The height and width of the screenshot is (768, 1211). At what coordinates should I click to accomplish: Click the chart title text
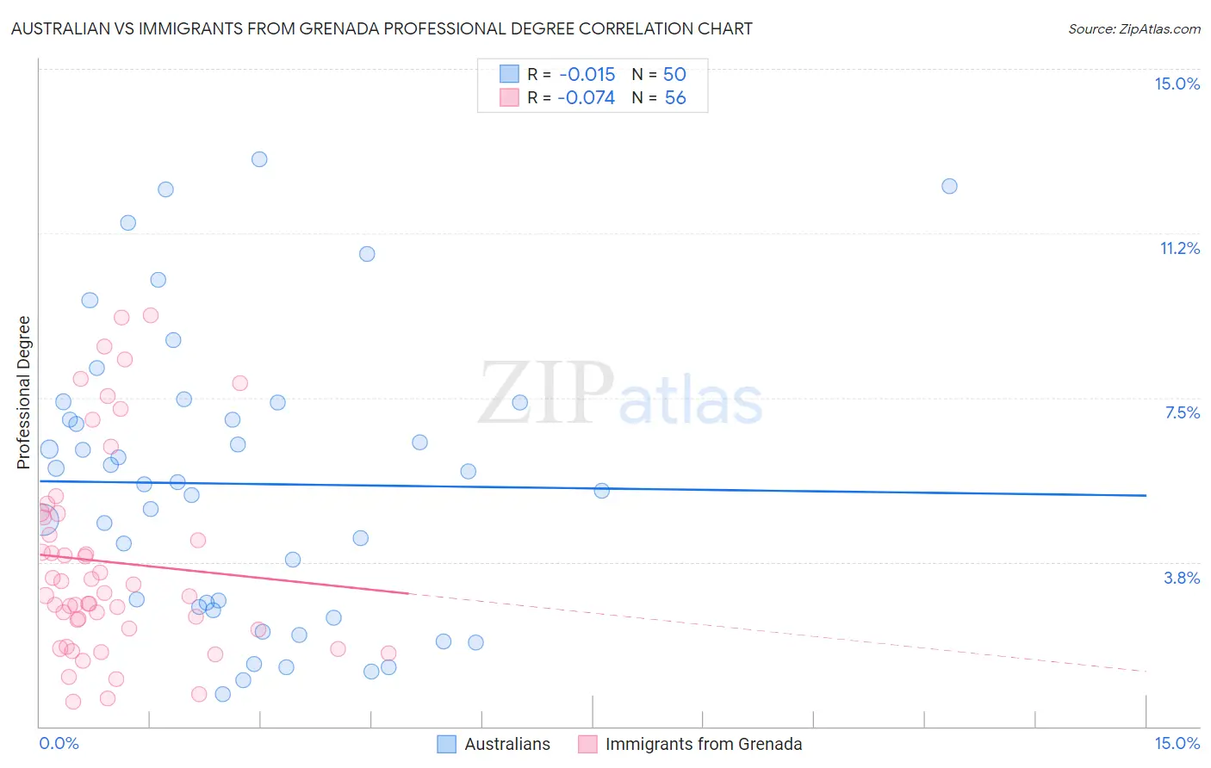pyautogui.click(x=382, y=28)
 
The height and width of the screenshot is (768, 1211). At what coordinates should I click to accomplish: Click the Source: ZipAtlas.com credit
pyautogui.click(x=1133, y=28)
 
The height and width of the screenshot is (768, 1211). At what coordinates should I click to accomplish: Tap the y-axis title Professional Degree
pyautogui.click(x=23, y=392)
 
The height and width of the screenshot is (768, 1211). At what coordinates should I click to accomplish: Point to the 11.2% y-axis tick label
pyautogui.click(x=1179, y=248)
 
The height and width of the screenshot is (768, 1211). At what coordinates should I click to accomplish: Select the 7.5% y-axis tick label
pyautogui.click(x=1182, y=412)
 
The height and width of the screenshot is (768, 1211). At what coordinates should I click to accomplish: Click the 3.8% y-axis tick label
pyautogui.click(x=1182, y=578)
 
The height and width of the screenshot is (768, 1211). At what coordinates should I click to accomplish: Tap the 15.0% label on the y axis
pyautogui.click(x=1177, y=84)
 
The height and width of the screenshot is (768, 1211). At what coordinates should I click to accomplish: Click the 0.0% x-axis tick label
pyautogui.click(x=59, y=743)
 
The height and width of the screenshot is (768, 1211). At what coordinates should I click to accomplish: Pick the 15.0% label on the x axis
pyautogui.click(x=1177, y=743)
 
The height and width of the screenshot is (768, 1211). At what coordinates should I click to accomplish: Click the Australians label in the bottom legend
pyautogui.click(x=507, y=744)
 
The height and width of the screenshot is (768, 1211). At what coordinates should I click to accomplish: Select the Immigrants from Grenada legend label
pyautogui.click(x=704, y=744)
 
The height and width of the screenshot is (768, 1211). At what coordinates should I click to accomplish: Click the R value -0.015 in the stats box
pyautogui.click(x=587, y=74)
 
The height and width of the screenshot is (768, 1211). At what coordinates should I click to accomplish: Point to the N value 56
pyautogui.click(x=675, y=98)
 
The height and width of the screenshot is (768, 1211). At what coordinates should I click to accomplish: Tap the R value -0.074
pyautogui.click(x=586, y=98)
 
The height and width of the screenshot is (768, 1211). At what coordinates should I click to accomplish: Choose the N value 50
pyautogui.click(x=674, y=74)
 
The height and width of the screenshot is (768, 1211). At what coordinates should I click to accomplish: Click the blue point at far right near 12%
pyautogui.click(x=949, y=186)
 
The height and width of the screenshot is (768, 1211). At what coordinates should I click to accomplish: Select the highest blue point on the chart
pyautogui.click(x=259, y=159)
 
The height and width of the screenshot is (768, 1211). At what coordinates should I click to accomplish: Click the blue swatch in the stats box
pyautogui.click(x=509, y=74)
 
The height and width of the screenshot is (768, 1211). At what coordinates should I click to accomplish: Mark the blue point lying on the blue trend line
pyautogui.click(x=602, y=491)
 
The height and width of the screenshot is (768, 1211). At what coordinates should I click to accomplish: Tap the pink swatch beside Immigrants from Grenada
pyautogui.click(x=587, y=744)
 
